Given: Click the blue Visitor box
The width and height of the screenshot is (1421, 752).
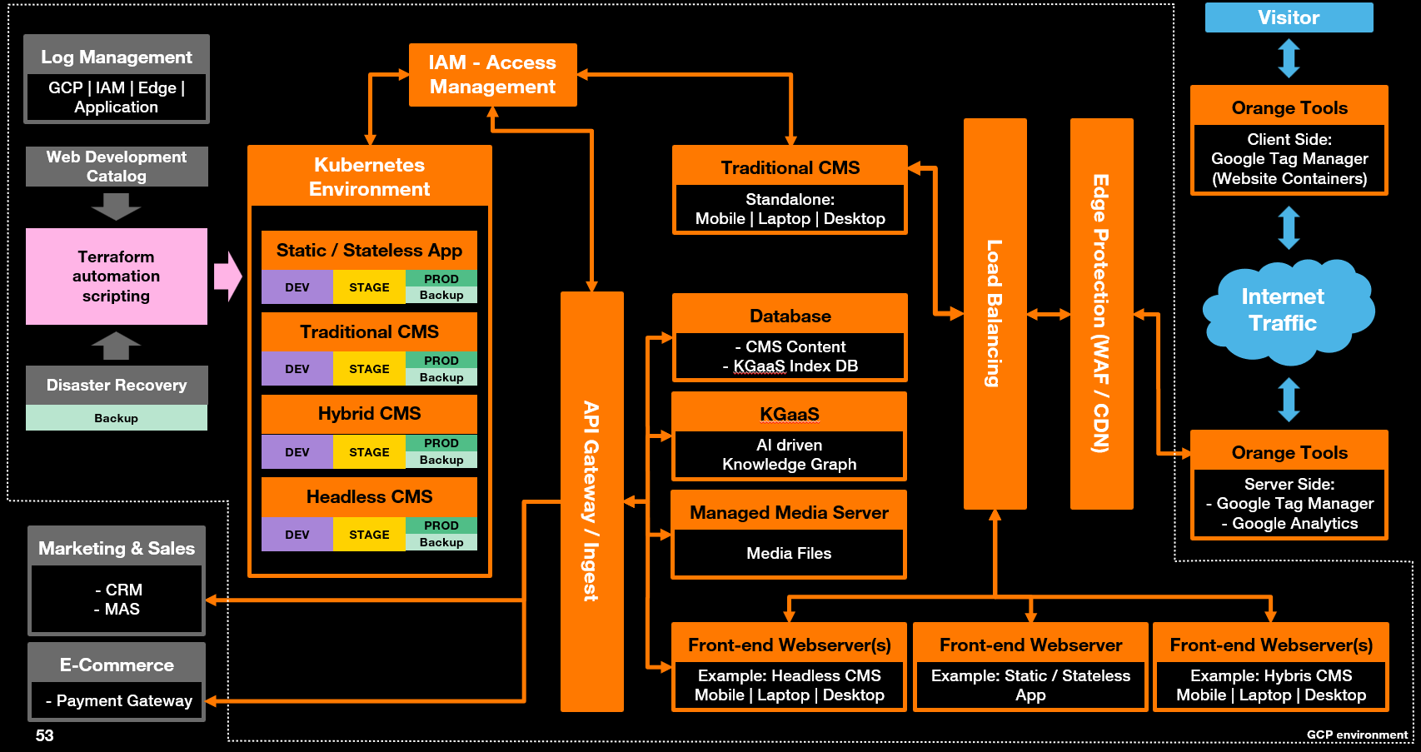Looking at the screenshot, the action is pyautogui.click(x=1289, y=17).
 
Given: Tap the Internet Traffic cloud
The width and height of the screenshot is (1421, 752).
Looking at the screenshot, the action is pyautogui.click(x=1288, y=311).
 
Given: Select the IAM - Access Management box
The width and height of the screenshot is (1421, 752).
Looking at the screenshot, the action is pyautogui.click(x=493, y=75).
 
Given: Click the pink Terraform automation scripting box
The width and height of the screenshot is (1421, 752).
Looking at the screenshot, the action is pyautogui.click(x=116, y=276).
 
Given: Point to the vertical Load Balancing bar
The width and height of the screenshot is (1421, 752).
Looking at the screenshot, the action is pyautogui.click(x=995, y=314).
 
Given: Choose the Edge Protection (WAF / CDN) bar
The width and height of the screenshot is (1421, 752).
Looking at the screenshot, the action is pyautogui.click(x=1101, y=314).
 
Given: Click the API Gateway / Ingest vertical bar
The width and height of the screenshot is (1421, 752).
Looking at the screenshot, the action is pyautogui.click(x=592, y=501).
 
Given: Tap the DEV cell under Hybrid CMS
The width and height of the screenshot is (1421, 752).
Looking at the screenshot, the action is pyautogui.click(x=297, y=452).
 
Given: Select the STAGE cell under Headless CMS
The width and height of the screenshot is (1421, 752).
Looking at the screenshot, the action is pyautogui.click(x=369, y=535).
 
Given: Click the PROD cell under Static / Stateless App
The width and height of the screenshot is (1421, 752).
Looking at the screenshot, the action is pyautogui.click(x=441, y=278).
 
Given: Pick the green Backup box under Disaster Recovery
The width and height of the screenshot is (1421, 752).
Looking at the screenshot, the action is pyautogui.click(x=116, y=418).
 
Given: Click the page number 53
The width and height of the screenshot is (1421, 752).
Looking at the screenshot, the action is pyautogui.click(x=44, y=735).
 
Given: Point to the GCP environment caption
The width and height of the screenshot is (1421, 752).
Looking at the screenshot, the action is pyautogui.click(x=1357, y=735).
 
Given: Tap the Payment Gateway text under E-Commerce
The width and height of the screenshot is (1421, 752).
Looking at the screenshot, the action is pyautogui.click(x=118, y=700).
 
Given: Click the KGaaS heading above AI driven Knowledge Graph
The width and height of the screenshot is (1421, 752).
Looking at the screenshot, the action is pyautogui.click(x=789, y=414).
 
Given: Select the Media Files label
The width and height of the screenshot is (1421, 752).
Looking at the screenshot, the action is pyautogui.click(x=789, y=553).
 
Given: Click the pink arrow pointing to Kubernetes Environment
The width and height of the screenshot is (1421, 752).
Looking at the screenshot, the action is pyautogui.click(x=227, y=276).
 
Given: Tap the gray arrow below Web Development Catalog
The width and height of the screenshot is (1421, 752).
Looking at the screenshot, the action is pyautogui.click(x=116, y=207).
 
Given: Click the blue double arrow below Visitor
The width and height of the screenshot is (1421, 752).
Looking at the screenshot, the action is pyautogui.click(x=1289, y=58).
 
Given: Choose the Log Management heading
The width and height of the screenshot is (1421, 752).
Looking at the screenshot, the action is pyautogui.click(x=116, y=57).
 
